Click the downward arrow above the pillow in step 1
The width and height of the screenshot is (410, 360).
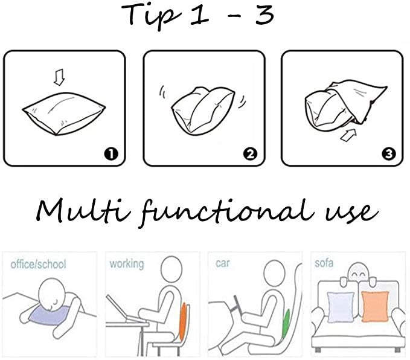59,77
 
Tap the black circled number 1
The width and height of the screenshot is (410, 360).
111,154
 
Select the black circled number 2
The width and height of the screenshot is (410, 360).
250,154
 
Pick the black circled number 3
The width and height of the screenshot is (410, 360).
388,154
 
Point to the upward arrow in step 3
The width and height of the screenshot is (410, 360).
348,135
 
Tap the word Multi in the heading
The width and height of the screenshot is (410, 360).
83,211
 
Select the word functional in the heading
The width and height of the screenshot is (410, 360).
226,213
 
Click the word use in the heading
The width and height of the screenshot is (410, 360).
352,213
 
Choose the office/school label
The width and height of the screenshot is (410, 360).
38,264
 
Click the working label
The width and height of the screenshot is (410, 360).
127,264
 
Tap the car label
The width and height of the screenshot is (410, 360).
223,263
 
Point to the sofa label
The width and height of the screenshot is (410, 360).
324,263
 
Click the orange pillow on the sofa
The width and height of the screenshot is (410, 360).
375,307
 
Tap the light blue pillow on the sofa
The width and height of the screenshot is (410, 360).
341,307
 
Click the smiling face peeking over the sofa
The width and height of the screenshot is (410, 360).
357,274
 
